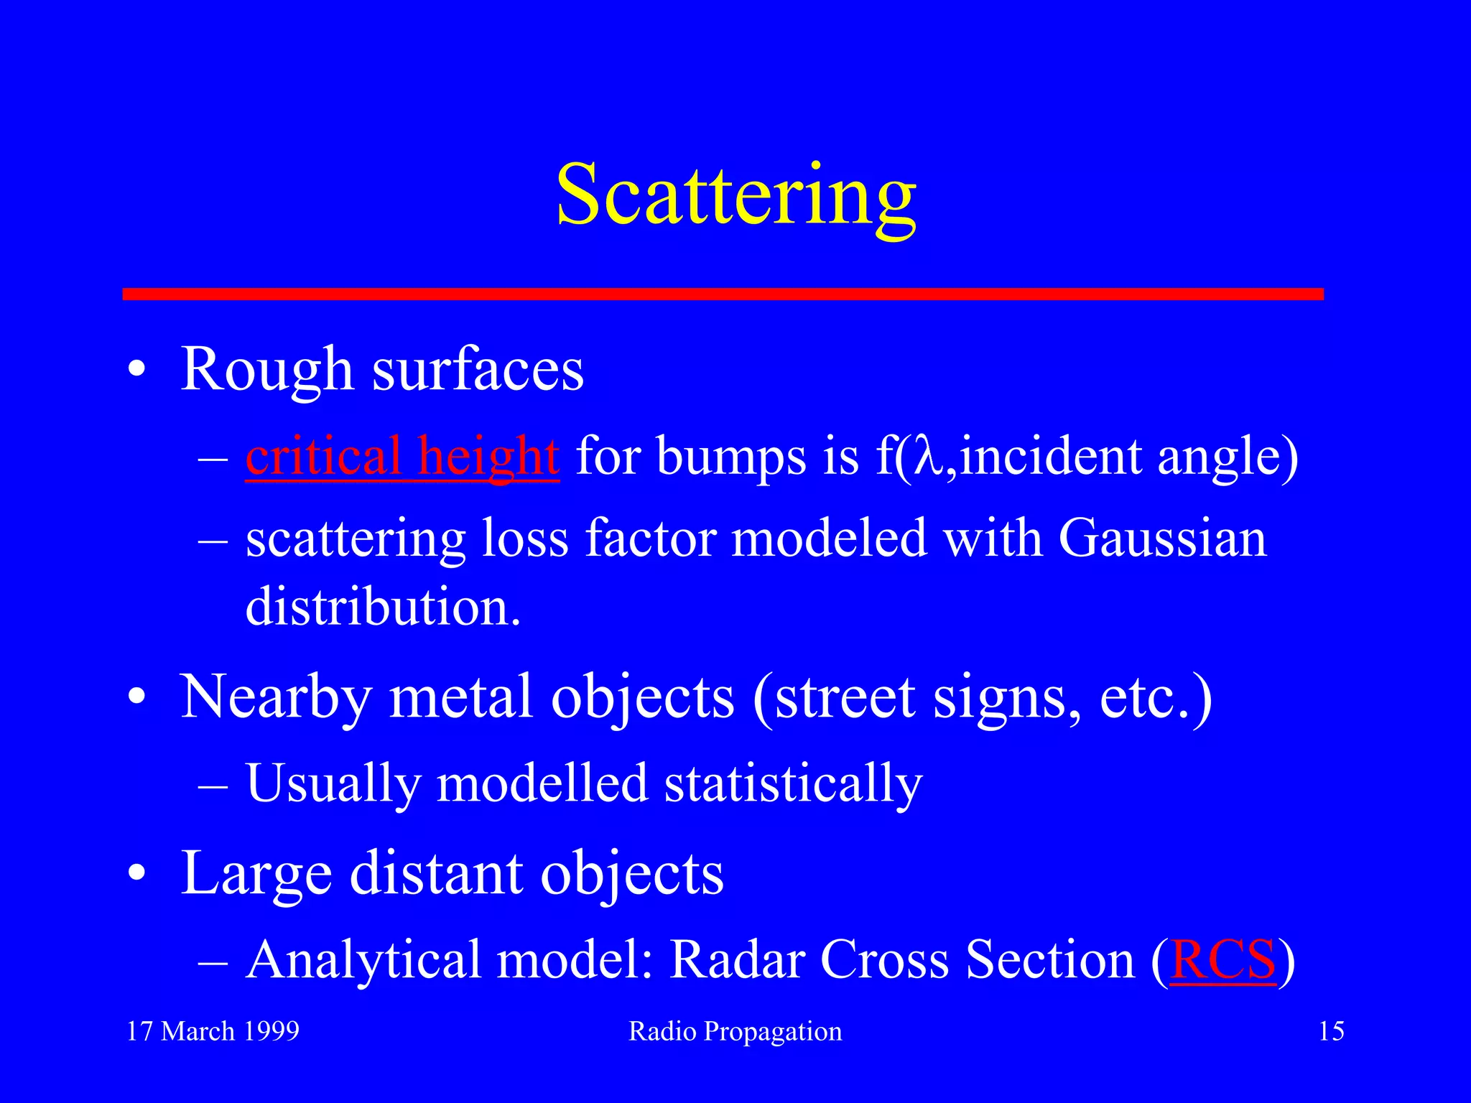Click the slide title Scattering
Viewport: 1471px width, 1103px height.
pyautogui.click(x=735, y=195)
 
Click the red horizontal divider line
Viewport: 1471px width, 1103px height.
pyautogui.click(x=723, y=294)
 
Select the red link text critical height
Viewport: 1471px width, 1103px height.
pyautogui.click(x=402, y=457)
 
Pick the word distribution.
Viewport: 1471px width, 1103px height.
pyautogui.click(x=382, y=607)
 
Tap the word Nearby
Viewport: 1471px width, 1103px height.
pyautogui.click(x=276, y=698)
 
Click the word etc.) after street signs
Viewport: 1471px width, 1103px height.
pyautogui.click(x=1155, y=698)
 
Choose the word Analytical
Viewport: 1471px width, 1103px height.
pyautogui.click(x=363, y=960)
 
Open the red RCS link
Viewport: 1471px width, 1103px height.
pyautogui.click(x=1222, y=960)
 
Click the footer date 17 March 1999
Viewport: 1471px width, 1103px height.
pyautogui.click(x=213, y=1031)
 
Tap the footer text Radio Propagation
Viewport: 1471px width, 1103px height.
pyautogui.click(x=735, y=1032)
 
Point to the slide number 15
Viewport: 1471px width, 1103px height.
pyautogui.click(x=1331, y=1031)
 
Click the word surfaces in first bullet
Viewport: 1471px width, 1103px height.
pyautogui.click(x=478, y=371)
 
